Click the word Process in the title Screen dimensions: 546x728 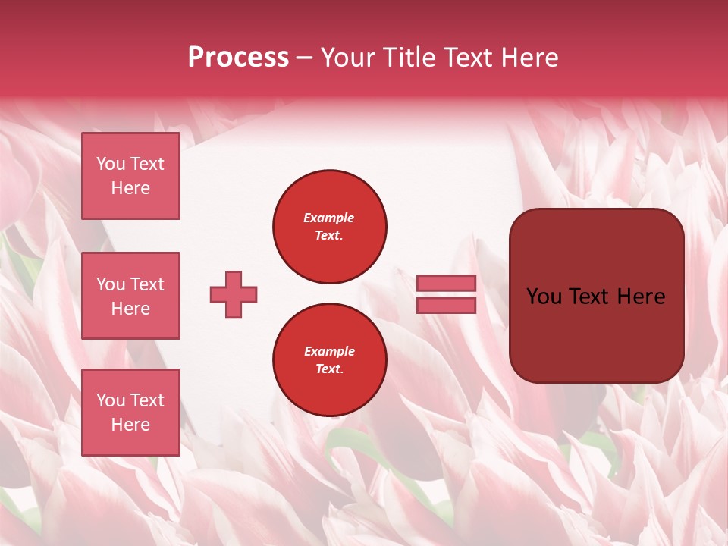(x=238, y=58)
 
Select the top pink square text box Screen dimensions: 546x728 (x=130, y=176)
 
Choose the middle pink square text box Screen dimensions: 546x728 (x=130, y=296)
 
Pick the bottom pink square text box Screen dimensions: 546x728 (x=130, y=412)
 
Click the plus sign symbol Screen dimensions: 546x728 (x=234, y=294)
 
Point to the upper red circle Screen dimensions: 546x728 (x=330, y=227)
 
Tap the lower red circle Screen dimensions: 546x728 (x=330, y=360)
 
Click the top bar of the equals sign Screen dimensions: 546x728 (x=446, y=283)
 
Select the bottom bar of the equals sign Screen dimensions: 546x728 (x=446, y=306)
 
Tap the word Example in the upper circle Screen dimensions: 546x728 (x=329, y=218)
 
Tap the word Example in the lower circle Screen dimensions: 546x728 (x=329, y=351)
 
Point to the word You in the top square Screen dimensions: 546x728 (x=110, y=164)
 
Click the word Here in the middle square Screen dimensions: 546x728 (x=130, y=309)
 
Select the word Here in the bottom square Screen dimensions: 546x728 (x=130, y=425)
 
